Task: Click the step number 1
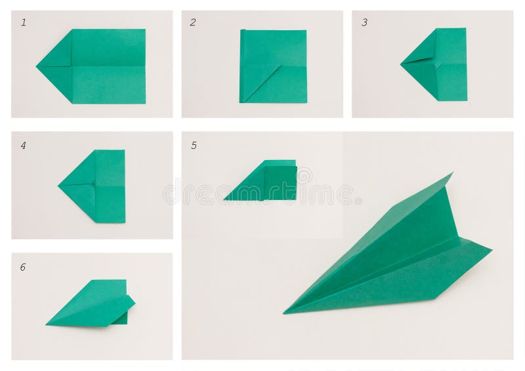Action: click(x=24, y=23)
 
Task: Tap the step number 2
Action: click(x=193, y=23)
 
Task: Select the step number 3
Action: click(x=364, y=23)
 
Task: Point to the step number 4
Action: click(x=24, y=146)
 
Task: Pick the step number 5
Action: click(x=194, y=146)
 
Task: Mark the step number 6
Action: click(x=23, y=267)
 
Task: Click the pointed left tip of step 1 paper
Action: click(x=38, y=66)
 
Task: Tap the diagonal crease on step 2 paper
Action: click(x=262, y=83)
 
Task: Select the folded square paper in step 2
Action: click(x=273, y=66)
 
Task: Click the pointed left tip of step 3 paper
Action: click(x=402, y=64)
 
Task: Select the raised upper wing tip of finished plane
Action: click(x=451, y=174)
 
